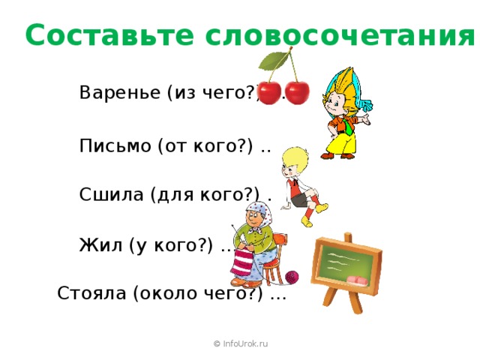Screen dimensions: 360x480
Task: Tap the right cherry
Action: (x=296, y=93)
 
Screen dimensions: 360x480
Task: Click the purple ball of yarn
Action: (x=291, y=277)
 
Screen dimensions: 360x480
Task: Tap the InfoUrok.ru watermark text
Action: (x=240, y=343)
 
